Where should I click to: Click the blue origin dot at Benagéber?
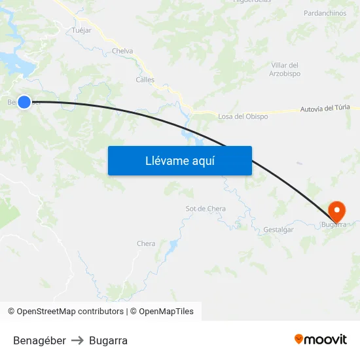(24, 101)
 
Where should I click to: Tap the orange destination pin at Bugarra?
(336, 211)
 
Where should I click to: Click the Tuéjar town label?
(82, 30)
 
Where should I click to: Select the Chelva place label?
(122, 51)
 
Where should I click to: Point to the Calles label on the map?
(145, 80)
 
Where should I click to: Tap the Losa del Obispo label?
(243, 117)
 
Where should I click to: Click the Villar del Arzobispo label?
(285, 69)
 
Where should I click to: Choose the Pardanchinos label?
(325, 13)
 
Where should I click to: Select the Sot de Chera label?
(206, 209)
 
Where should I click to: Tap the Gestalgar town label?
(278, 230)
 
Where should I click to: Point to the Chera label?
(146, 244)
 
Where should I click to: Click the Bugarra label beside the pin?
(334, 225)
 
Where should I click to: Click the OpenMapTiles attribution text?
(166, 312)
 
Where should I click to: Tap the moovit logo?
(321, 340)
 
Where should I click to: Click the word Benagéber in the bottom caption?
(39, 340)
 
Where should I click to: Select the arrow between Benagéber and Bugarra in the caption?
(77, 340)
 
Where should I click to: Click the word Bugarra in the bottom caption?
(108, 340)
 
